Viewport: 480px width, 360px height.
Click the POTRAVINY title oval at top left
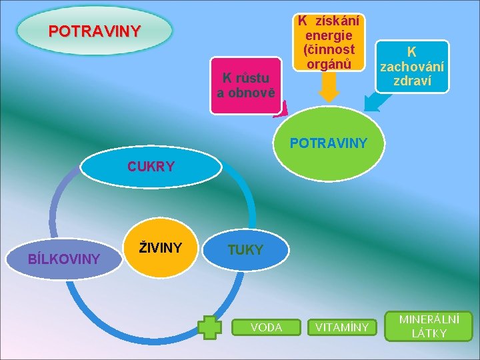[x=94, y=31]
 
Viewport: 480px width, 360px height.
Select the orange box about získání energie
[x=329, y=41]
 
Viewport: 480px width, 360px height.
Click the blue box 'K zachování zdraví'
[x=411, y=67]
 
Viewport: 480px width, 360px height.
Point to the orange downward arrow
[x=329, y=87]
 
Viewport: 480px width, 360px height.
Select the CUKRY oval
[x=151, y=167]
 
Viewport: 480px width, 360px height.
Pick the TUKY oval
[x=246, y=250]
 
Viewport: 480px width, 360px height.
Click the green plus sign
[x=210, y=327]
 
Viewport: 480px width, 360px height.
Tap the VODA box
[x=265, y=327]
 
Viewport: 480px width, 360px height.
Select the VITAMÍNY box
[x=341, y=327]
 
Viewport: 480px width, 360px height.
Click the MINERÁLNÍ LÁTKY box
[x=429, y=326]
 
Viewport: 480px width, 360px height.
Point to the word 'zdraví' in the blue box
[x=411, y=80]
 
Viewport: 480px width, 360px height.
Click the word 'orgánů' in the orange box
[x=329, y=64]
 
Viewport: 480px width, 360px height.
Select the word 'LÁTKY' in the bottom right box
[x=429, y=333]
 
